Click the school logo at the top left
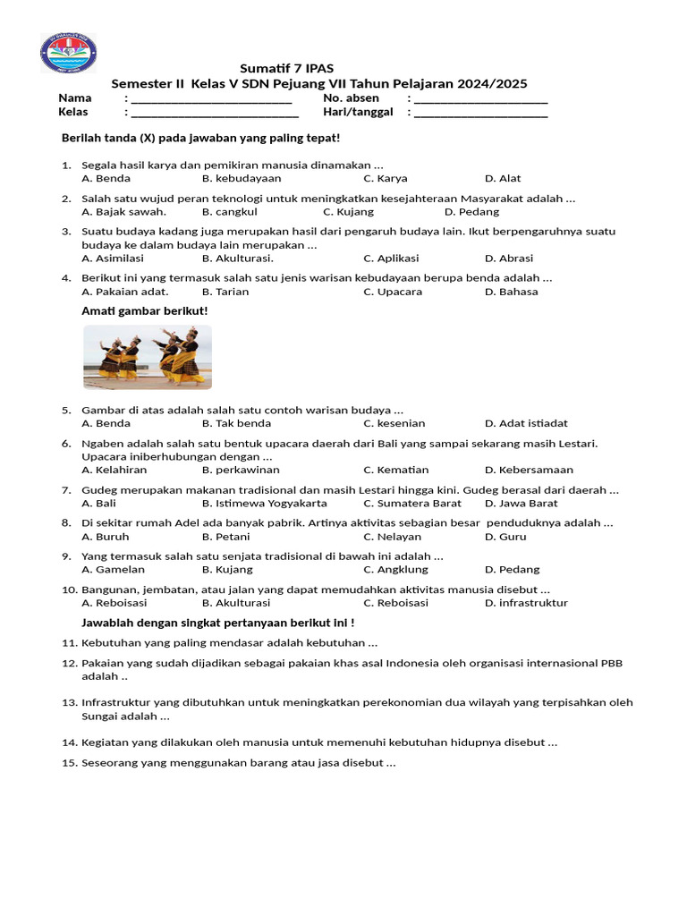pyautogui.click(x=68, y=53)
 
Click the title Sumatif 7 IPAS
pyautogui.click(x=286, y=69)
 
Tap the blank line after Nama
pyautogui.click(x=212, y=99)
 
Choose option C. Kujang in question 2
pyautogui.click(x=348, y=212)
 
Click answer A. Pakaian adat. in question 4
pyautogui.click(x=124, y=292)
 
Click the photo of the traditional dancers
pyautogui.click(x=148, y=357)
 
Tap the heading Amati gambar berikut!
pyautogui.click(x=144, y=310)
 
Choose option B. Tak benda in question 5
pyautogui.click(x=236, y=423)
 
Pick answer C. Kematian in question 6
pyautogui.click(x=395, y=470)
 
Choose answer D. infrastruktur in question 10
pyautogui.click(x=526, y=603)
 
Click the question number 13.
pyautogui.click(x=70, y=702)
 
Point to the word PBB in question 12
pyautogui.click(x=611, y=663)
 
